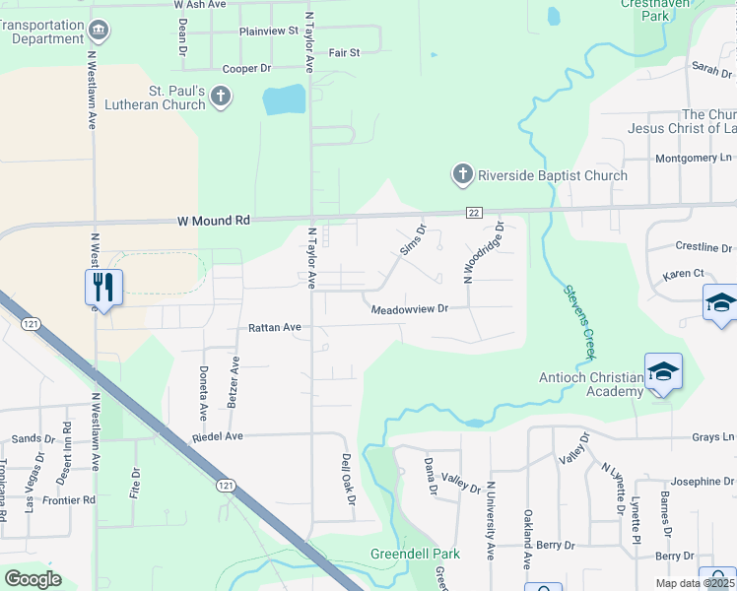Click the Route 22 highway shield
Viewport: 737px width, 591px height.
pyautogui.click(x=474, y=213)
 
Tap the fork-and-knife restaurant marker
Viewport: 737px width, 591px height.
pyautogui.click(x=103, y=287)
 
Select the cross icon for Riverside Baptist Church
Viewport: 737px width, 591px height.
pyautogui.click(x=462, y=175)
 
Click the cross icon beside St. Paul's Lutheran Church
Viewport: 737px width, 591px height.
pyautogui.click(x=221, y=97)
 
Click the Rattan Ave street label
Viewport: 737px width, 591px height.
pyautogui.click(x=275, y=326)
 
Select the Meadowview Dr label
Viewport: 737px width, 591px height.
pyautogui.click(x=409, y=309)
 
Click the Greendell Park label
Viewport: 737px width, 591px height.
pyautogui.click(x=410, y=555)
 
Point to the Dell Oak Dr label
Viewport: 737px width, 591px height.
pyautogui.click(x=347, y=479)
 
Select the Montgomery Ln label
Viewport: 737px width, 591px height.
pyautogui.click(x=694, y=158)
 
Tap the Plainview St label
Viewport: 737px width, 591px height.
pyautogui.click(x=268, y=32)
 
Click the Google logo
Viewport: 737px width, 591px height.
pyautogui.click(x=33, y=579)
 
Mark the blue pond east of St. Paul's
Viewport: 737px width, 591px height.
pyautogui.click(x=284, y=99)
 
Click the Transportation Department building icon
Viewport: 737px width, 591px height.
pyautogui.click(x=99, y=31)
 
